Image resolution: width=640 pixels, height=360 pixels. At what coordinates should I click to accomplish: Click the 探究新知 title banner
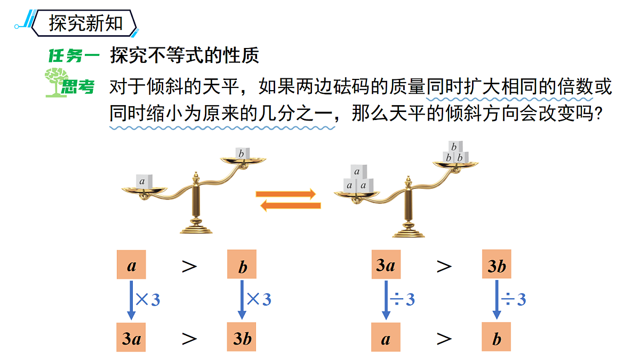point(84,23)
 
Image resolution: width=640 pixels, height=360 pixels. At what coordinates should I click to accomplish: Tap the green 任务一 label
point(74,55)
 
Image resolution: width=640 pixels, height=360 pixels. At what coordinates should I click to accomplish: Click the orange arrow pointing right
point(286,194)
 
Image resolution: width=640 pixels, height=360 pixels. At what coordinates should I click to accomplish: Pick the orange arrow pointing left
point(291,205)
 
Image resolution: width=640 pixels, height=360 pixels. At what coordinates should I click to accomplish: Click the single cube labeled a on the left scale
point(143,181)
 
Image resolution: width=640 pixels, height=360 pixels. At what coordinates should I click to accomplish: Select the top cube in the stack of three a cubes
point(358,171)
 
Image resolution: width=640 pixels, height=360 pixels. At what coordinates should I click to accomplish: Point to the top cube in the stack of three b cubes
point(455,147)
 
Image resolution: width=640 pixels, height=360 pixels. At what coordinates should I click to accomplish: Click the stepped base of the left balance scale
point(196,227)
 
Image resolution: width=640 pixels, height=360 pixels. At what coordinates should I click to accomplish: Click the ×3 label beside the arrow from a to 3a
point(148,299)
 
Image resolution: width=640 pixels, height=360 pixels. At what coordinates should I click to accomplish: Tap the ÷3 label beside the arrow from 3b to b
point(514,299)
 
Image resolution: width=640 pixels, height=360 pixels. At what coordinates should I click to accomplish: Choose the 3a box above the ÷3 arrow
point(386,265)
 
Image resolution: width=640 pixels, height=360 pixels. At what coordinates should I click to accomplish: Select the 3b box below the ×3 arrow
point(242,337)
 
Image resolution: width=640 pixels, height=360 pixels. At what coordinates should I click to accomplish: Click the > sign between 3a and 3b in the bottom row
point(189,339)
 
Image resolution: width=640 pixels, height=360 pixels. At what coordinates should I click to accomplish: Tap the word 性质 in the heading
point(241,55)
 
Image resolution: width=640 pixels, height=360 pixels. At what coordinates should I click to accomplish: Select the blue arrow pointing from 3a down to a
point(386,300)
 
